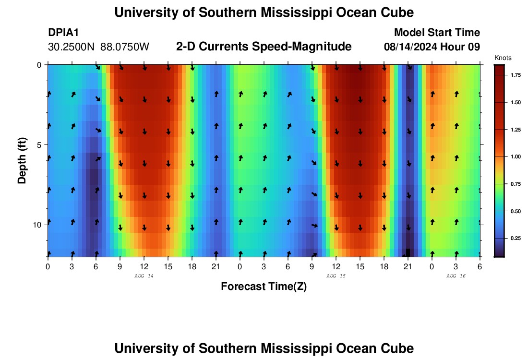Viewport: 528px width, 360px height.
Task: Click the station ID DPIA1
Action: [x=63, y=33]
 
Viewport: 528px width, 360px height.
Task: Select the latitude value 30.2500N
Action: [x=72, y=47]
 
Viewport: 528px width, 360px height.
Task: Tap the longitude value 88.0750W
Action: [x=125, y=47]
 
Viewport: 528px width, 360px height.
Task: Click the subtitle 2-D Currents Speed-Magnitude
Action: [x=264, y=47]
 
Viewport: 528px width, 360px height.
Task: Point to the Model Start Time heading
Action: [x=436, y=33]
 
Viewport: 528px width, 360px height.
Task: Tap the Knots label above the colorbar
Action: [x=503, y=58]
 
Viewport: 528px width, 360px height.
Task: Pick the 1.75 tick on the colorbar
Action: [x=516, y=75]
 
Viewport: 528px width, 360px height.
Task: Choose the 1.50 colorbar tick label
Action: [x=516, y=103]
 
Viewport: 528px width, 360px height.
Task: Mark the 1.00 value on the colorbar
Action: [x=516, y=157]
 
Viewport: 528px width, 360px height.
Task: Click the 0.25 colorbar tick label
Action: [x=516, y=238]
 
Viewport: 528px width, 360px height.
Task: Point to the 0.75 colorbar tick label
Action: [x=516, y=184]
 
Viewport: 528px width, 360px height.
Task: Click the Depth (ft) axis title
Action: [x=22, y=161]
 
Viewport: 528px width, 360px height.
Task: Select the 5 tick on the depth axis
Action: [x=39, y=144]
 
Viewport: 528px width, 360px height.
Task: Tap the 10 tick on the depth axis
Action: [x=37, y=225]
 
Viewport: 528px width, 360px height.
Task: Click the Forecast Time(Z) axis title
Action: [x=264, y=287]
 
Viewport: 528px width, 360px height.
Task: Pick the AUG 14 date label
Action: [x=144, y=276]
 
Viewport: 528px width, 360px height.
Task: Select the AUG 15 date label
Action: [x=336, y=276]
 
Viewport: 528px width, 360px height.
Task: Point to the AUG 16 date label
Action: [x=456, y=276]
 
